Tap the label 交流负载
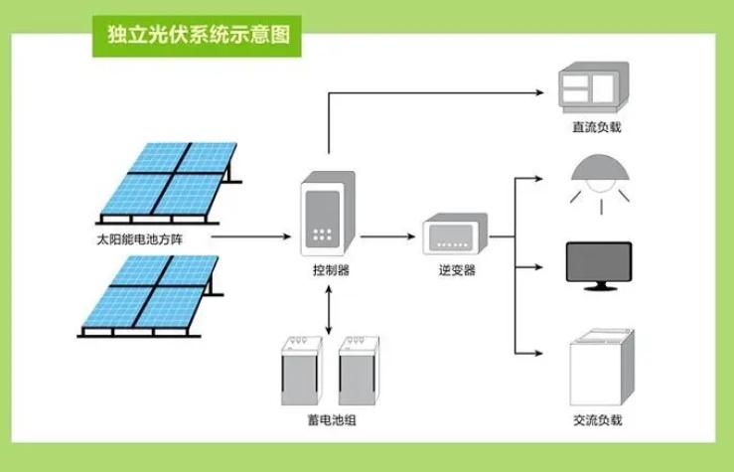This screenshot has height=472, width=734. [x=598, y=421]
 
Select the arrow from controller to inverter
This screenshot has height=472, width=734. [x=387, y=237]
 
